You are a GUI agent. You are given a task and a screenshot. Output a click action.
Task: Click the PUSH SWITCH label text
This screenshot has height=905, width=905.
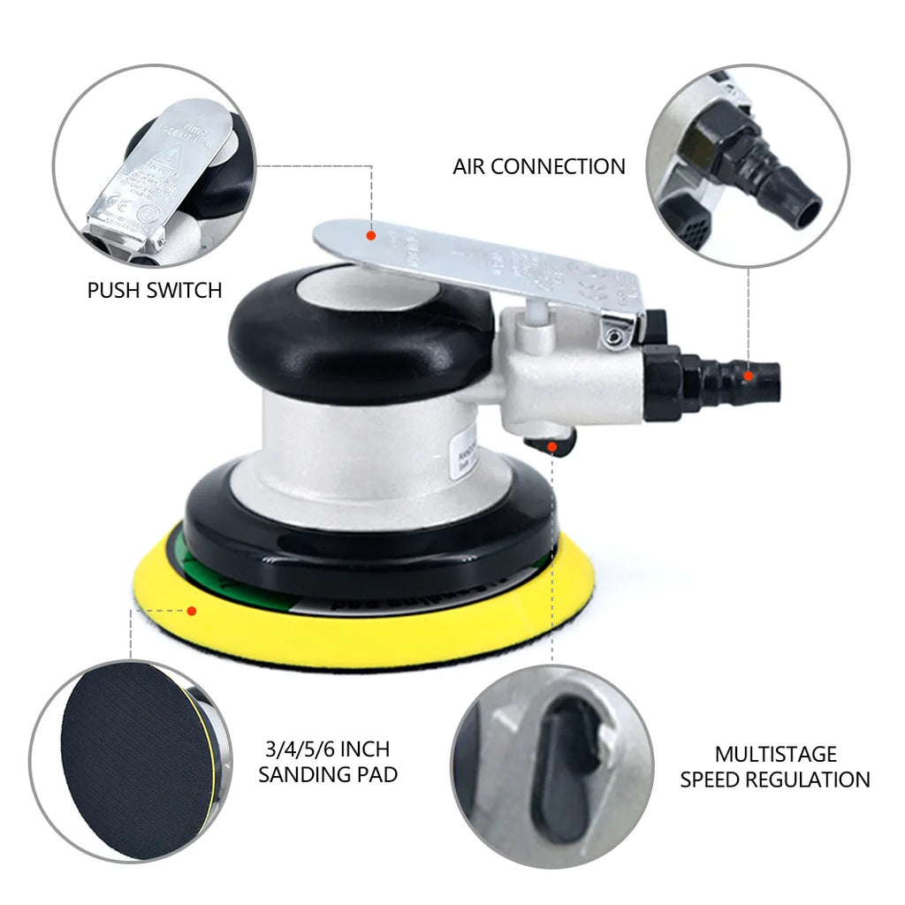pos(154,290)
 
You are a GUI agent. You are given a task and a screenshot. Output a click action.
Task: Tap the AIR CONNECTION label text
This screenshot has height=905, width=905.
pos(538,166)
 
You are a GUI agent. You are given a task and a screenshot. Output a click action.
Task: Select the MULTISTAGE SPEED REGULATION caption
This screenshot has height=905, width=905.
pos(774,766)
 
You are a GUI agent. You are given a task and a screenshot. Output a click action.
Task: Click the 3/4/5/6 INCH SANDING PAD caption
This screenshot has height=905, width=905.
pos(327,762)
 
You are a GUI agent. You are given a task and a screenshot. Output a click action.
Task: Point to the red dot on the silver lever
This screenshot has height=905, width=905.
pos(371,235)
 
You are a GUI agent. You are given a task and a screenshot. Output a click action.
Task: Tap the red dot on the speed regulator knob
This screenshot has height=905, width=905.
pos(552,447)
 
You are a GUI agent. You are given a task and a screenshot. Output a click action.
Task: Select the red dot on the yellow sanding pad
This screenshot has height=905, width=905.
pos(191,609)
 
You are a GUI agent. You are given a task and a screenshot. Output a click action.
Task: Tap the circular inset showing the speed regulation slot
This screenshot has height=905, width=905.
pos(552,765)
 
